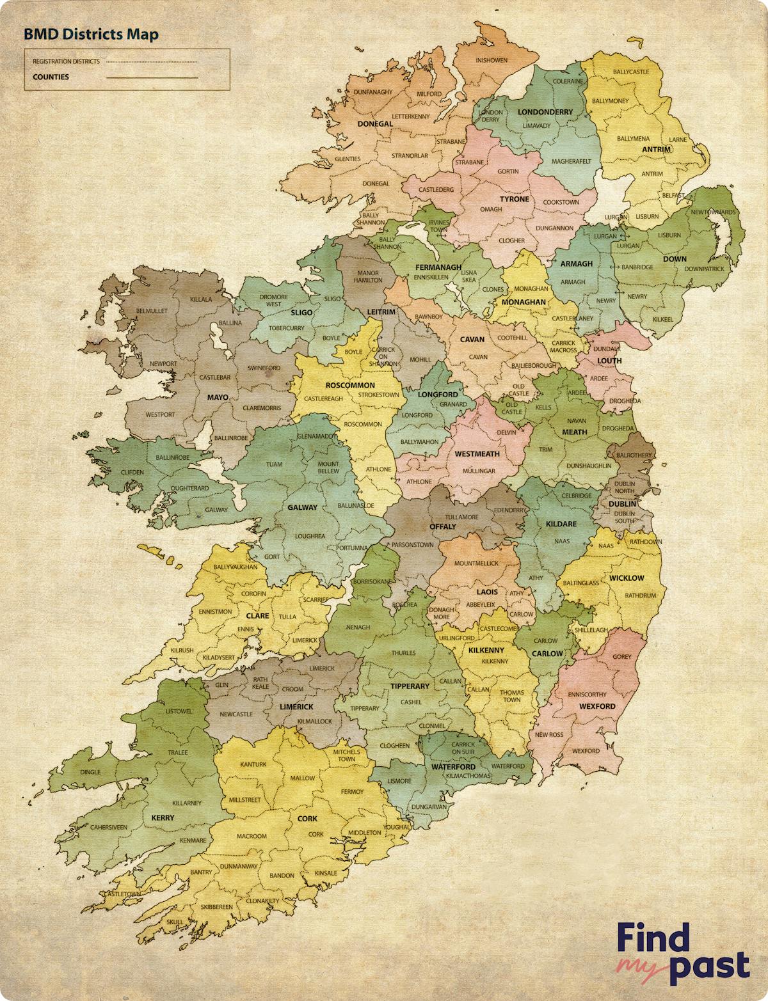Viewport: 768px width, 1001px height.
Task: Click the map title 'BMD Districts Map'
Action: (x=91, y=35)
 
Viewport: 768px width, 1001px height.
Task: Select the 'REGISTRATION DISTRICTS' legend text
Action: (x=66, y=62)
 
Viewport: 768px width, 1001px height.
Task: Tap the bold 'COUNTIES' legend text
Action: (x=51, y=77)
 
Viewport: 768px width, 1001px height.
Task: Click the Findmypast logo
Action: (x=682, y=952)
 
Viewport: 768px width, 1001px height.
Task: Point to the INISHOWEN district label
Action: (x=492, y=61)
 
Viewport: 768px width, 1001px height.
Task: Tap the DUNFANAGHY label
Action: (x=373, y=92)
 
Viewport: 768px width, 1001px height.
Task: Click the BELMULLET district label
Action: (x=152, y=311)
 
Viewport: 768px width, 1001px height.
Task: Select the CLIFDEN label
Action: (x=132, y=472)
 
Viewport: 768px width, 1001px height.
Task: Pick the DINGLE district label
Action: (x=90, y=772)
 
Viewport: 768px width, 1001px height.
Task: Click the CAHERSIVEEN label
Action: (x=108, y=827)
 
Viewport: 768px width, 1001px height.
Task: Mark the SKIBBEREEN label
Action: (x=216, y=907)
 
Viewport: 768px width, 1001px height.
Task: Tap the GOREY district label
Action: (x=621, y=656)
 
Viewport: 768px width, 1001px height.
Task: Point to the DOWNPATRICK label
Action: (x=704, y=269)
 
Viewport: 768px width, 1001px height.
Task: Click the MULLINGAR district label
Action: (x=479, y=471)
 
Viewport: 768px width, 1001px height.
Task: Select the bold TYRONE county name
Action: (x=514, y=199)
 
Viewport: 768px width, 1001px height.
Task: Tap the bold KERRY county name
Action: (x=163, y=817)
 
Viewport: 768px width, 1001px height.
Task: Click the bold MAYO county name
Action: (x=217, y=397)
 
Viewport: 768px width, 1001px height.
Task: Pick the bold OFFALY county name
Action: (x=442, y=526)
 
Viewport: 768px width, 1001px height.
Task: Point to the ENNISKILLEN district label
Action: (x=431, y=278)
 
